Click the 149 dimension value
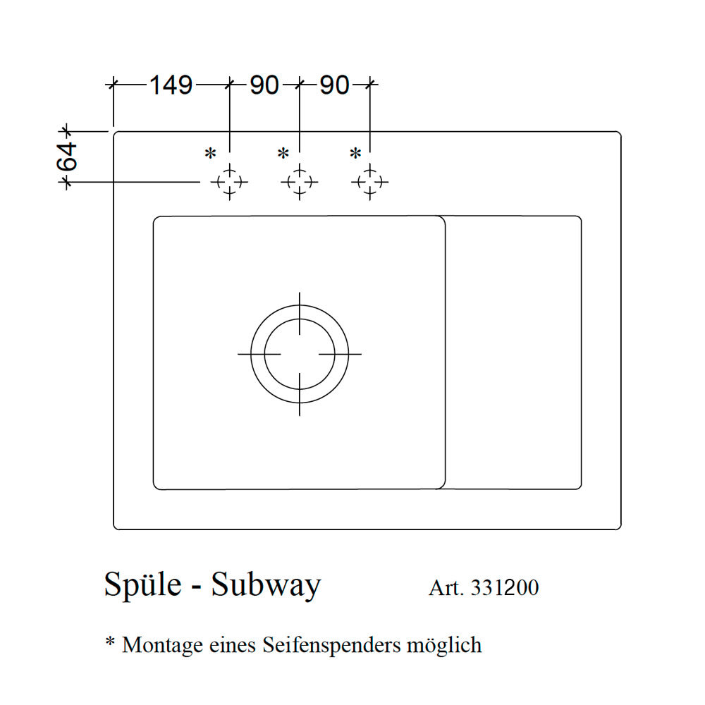171,85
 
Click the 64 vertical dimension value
68,157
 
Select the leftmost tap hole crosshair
229,182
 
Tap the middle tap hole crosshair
300,182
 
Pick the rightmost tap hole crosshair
369,182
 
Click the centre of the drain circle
300,354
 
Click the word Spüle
143,585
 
